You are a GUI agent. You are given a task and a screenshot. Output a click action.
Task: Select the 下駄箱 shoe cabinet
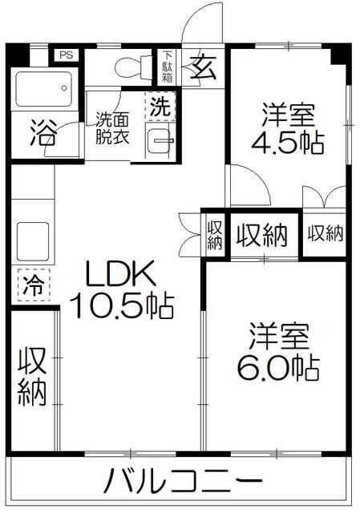click(x=168, y=63)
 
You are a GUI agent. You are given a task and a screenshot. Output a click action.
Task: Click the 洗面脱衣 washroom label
click(x=113, y=127)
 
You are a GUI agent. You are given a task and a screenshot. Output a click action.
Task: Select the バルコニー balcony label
click(x=184, y=482)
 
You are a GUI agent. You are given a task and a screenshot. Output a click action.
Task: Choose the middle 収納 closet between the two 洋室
click(x=261, y=236)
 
